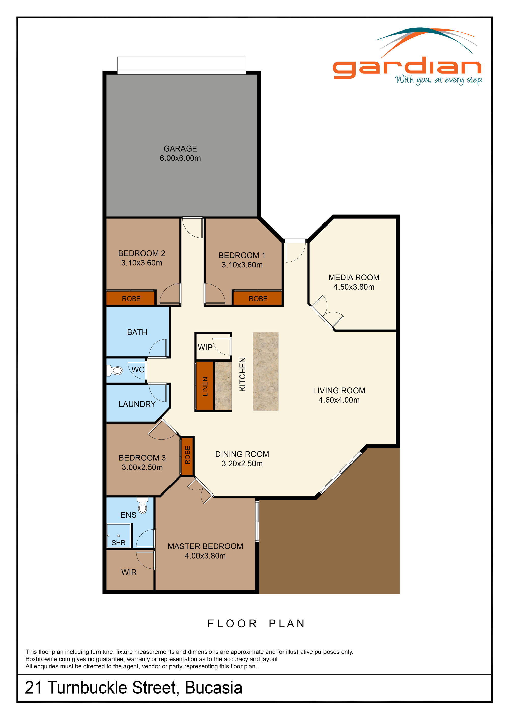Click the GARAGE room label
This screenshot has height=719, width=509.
180,148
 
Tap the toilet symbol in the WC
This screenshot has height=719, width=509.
116,371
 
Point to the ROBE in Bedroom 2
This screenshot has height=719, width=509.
131,298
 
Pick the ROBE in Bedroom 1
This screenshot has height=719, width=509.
258,298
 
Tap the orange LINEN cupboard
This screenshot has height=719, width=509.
205,386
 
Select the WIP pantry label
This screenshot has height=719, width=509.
205,347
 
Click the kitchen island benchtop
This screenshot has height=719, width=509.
265,371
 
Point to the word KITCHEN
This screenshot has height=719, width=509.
243,374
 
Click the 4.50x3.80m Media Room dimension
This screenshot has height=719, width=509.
354,287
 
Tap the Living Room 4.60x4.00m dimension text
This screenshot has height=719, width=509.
339,400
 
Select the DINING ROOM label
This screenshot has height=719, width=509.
242,454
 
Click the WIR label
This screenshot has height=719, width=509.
129,572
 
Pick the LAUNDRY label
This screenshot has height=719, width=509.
137,404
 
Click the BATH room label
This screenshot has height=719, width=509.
137,332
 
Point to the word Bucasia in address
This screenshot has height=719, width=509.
214,688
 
